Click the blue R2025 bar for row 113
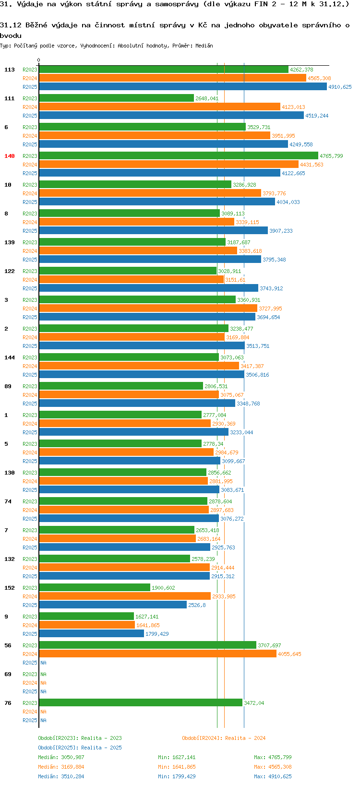pos(182,87)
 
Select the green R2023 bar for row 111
pos(116,98)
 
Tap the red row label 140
pos(10,156)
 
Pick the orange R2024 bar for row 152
pos(125,596)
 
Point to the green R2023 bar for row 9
pos(86,617)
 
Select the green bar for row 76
pos(140,703)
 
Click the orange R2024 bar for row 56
pos(157,654)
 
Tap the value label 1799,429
pos(157,634)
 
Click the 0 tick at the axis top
pos(39,60)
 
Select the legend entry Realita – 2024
pos(224,738)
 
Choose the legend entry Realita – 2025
pos(80,748)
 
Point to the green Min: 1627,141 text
pos(177,757)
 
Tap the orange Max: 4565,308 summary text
pos(273,767)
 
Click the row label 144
pos(10,357)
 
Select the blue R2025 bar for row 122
pos(148,288)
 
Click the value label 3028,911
pos(229,271)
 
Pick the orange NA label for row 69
pos(43,683)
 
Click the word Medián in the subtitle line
pos(204,46)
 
